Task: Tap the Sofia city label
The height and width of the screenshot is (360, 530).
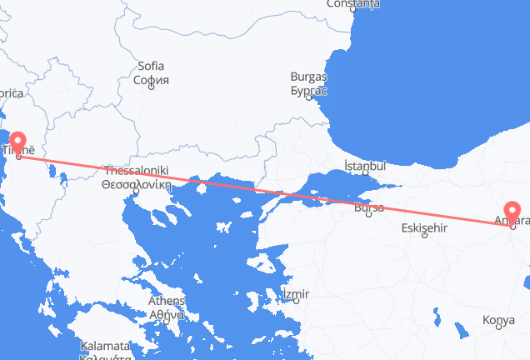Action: (151, 66)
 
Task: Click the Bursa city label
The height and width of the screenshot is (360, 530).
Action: (369, 209)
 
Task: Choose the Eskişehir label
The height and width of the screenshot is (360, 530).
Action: (425, 227)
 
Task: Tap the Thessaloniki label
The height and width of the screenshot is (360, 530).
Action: (135, 170)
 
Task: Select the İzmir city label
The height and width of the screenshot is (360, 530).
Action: (296, 293)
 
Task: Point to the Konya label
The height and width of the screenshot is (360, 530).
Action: (499, 320)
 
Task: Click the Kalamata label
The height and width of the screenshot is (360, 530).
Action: (104, 346)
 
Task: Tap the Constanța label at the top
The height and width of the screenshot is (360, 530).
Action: (353, 3)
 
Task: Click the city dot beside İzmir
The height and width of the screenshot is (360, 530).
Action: (297, 301)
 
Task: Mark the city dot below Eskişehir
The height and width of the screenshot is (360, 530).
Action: (425, 236)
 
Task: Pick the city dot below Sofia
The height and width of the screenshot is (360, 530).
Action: (152, 88)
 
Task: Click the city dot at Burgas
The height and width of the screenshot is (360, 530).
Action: (308, 97)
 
